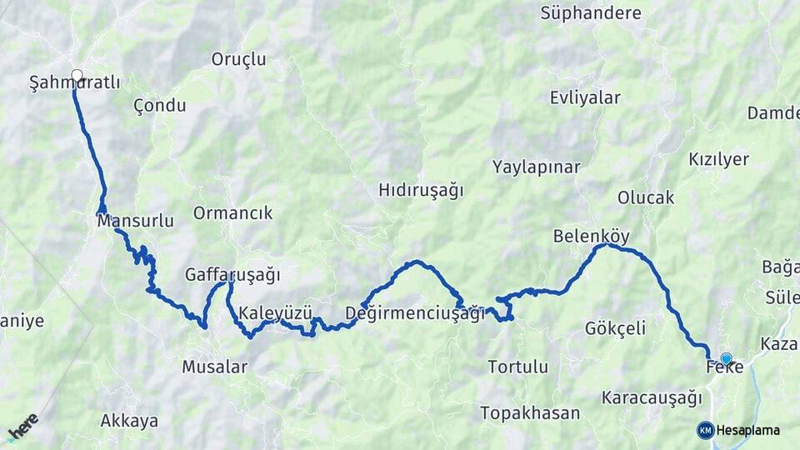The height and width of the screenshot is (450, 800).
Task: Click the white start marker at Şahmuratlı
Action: [77, 76]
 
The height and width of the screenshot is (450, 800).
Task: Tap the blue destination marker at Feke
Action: [726, 359]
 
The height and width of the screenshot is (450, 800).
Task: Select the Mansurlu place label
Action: [135, 222]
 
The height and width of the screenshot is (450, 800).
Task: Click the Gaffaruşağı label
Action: [232, 275]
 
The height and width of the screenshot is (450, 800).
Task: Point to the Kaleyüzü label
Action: [275, 314]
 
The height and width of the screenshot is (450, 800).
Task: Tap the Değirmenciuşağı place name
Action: [414, 314]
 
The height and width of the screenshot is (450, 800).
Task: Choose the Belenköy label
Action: [591, 237]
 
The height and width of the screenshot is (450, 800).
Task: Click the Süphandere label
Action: [591, 13]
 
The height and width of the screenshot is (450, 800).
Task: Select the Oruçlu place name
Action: [238, 59]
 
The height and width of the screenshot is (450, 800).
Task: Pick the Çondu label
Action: [159, 107]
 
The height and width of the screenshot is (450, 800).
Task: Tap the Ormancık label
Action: [232, 213]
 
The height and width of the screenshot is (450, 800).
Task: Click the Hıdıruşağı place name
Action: [421, 190]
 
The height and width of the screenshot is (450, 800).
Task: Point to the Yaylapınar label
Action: [536, 167]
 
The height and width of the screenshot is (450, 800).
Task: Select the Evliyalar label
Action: [585, 98]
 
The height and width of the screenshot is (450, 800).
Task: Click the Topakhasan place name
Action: [529, 412]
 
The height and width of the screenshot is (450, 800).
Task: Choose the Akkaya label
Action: [129, 421]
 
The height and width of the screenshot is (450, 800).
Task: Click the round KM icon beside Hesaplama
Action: [706, 430]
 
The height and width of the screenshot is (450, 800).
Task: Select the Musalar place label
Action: [214, 367]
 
